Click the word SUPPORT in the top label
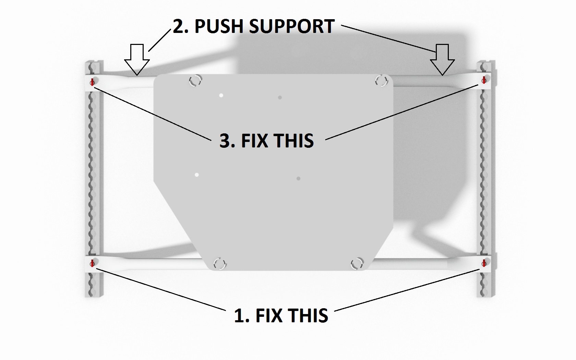click(x=292, y=26)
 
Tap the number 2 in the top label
click(x=179, y=26)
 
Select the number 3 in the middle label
click(x=226, y=141)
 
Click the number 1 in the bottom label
click(x=240, y=316)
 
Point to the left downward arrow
click(x=137, y=59)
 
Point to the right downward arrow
click(x=442, y=59)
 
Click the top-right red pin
click(x=484, y=80)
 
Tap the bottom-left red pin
click(x=92, y=263)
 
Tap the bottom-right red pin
click(x=484, y=263)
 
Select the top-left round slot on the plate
click(x=195, y=81)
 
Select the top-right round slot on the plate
click(x=381, y=81)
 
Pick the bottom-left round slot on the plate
click(x=220, y=264)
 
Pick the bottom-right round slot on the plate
click(x=357, y=263)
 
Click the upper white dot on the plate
click(x=221, y=95)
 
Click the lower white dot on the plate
click(x=197, y=175)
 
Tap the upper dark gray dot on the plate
click(x=280, y=98)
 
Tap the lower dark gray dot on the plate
click(x=298, y=179)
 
